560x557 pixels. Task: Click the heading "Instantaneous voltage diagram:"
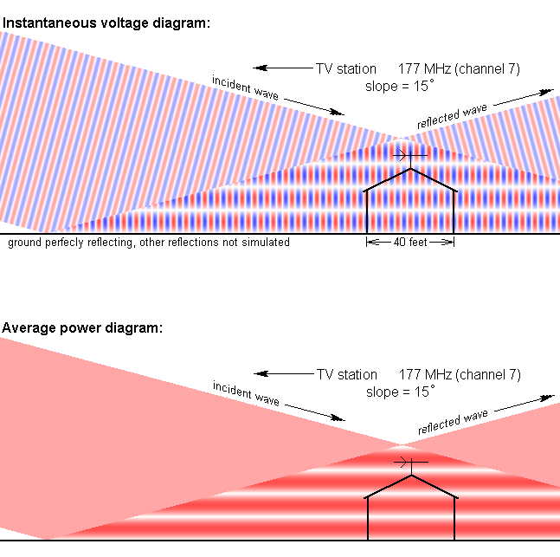pos(106,23)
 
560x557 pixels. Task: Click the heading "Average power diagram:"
pos(82,328)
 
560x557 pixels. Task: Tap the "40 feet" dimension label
pos(410,243)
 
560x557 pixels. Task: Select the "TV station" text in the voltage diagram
pos(346,68)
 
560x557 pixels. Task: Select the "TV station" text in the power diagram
pos(347,375)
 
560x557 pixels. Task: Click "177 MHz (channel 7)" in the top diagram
pos(459,69)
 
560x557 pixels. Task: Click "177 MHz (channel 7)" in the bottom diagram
pos(460,375)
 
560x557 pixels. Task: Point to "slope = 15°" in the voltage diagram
pos(400,86)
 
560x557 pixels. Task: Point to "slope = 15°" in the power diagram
pos(401,392)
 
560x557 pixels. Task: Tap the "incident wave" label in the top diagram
pos(245,87)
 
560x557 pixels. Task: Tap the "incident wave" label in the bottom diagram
pos(246,393)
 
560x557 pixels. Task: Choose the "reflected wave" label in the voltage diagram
pos(452,116)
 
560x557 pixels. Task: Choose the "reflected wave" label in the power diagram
pos(453,422)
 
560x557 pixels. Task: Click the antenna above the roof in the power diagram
pos(411,465)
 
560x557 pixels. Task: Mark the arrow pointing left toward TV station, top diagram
pos(283,68)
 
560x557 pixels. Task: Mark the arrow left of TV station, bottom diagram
pos(284,373)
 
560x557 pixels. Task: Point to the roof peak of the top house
pos(411,169)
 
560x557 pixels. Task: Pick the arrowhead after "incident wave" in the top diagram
pos(338,113)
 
